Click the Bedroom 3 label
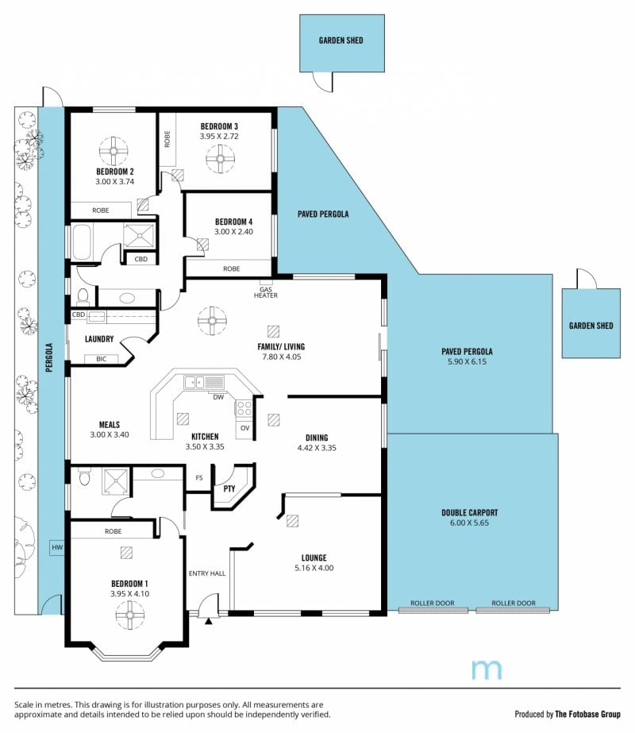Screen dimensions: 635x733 coord(219,126)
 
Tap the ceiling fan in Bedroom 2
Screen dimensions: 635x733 coord(114,151)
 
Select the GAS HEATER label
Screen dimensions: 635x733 coord(266,292)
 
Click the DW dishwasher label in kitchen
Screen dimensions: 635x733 coord(218,397)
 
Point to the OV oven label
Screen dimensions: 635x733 coord(244,428)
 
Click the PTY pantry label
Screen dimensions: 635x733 coord(229,489)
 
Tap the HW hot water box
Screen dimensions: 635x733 coord(57,547)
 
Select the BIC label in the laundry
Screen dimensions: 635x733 coord(102,359)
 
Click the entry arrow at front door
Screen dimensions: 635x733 coord(209,621)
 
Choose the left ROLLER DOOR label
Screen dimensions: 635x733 coord(433,603)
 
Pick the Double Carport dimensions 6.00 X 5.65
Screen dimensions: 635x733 coord(469,523)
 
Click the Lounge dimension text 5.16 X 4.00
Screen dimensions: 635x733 coord(314,568)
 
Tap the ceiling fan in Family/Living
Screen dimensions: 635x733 coord(212,321)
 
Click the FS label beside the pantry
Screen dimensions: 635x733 coord(199,478)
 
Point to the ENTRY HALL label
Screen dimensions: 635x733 coord(207,573)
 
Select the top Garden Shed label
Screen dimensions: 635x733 coord(341,41)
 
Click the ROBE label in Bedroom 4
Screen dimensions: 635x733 coord(231,268)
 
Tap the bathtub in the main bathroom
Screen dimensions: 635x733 coord(83,242)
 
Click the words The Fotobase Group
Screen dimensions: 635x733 coord(588,714)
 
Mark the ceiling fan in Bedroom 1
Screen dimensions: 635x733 coord(129,615)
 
